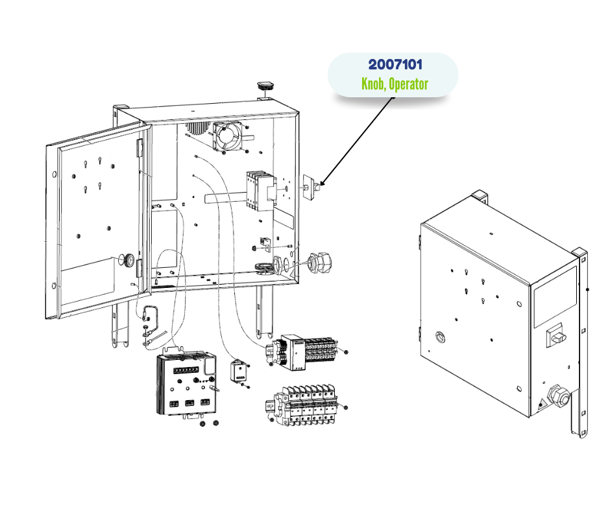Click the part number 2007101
(x=395, y=65)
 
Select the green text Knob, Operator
(x=395, y=84)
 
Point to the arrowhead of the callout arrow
(x=321, y=183)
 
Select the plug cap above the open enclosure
(x=266, y=86)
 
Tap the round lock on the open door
(x=128, y=261)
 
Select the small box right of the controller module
(x=240, y=372)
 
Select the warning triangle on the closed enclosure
(x=540, y=407)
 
